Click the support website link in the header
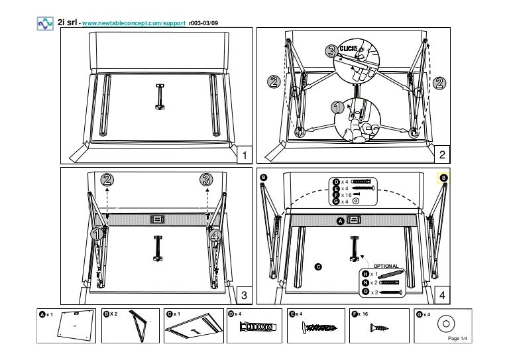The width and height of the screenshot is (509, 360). tap(133, 24)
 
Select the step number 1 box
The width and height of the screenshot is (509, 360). tap(245, 155)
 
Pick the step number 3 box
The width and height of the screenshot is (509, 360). tap(245, 294)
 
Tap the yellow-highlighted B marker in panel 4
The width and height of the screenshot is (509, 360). tap(444, 178)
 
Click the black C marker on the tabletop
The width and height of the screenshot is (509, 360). tap(318, 267)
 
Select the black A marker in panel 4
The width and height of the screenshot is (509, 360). tap(341, 220)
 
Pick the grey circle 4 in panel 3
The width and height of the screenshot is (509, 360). tap(214, 233)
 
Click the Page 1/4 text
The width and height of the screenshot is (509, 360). tap(459, 338)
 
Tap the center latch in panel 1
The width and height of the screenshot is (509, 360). tap(160, 97)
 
